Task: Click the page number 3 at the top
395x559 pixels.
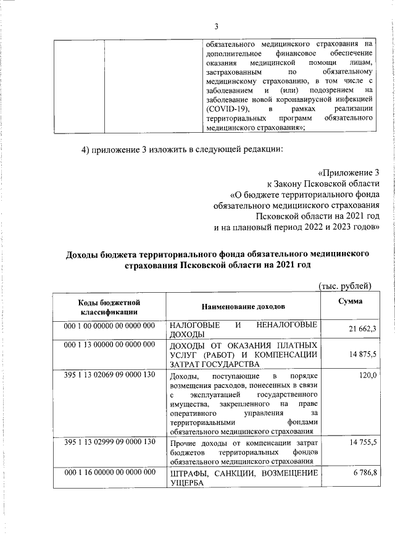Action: (216, 26)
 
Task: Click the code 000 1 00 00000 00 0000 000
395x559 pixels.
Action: (109, 325)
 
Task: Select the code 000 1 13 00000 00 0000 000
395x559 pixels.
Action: (109, 345)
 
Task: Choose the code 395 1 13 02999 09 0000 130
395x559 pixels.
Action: (109, 443)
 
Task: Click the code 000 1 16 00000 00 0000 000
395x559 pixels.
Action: (109, 473)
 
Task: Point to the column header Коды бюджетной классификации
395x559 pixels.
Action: (109, 307)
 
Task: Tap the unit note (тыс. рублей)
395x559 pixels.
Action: (343, 285)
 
